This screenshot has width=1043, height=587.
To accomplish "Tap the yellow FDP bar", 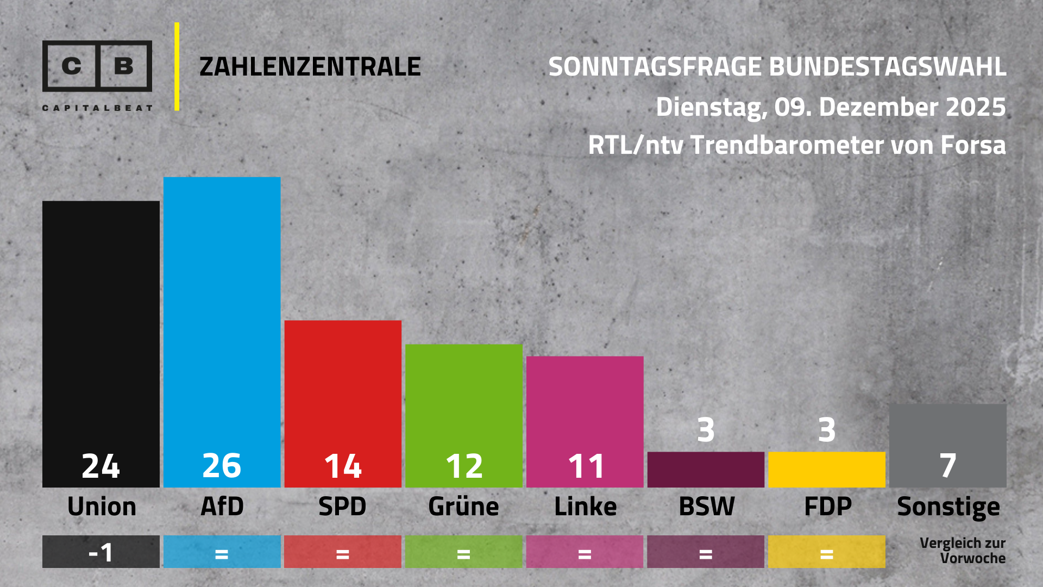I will coord(827,470).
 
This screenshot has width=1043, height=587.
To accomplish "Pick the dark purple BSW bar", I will coord(706,470).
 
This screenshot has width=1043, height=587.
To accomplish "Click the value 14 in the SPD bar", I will coord(343,466).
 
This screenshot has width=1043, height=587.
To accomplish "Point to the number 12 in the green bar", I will coord(464,466).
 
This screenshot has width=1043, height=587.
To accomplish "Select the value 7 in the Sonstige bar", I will coord(948,466).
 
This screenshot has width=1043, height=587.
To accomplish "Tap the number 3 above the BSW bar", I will coord(706,430).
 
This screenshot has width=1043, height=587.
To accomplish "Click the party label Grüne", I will coord(463,507).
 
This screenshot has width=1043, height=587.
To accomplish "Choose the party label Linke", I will coord(585,507).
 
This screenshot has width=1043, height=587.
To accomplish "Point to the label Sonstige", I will coord(948,507).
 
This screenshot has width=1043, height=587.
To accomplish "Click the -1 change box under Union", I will coord(101,552).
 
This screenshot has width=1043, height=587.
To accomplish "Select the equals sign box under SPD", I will coord(343,552).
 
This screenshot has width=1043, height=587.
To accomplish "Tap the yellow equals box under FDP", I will coord(827,552).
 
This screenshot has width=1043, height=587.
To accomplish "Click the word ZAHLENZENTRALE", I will coord(310,67).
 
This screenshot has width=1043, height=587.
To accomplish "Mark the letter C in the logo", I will coord(71,66).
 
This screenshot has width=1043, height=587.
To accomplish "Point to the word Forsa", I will coord(973,145).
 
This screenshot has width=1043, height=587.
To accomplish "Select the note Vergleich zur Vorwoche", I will coord(962,551).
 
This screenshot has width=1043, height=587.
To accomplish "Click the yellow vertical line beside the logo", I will coord(177,66).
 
